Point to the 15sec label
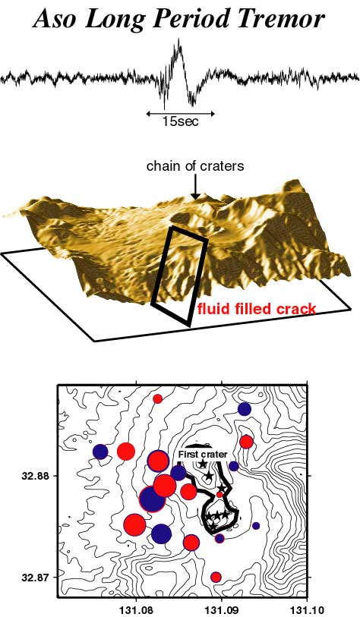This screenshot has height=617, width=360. point(181,121)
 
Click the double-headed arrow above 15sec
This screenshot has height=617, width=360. point(180,114)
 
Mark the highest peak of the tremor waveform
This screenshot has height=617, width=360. point(179,39)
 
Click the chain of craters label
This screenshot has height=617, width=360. point(195,166)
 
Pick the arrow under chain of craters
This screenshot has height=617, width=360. point(194,187)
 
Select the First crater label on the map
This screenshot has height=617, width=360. point(203,455)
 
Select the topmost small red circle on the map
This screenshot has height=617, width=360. point(157,398)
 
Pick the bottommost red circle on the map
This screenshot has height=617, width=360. point(216,578)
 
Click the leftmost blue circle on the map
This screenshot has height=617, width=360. point(100,452)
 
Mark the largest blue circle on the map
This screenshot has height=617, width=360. point(152,499)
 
